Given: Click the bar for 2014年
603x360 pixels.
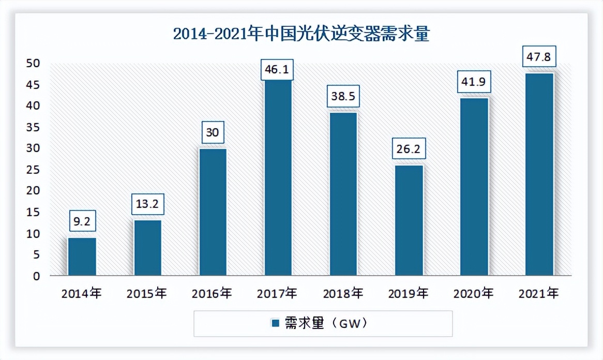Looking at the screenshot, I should (x=82, y=256).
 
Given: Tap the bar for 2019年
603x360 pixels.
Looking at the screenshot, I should (x=409, y=220).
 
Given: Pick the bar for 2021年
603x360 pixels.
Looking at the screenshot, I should (x=539, y=174).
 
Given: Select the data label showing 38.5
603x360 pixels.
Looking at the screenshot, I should (x=343, y=96).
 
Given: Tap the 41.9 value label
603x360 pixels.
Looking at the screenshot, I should (x=474, y=82).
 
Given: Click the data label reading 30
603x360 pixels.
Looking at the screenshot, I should (x=213, y=132).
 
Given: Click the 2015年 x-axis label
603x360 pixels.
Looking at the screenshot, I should (x=147, y=294).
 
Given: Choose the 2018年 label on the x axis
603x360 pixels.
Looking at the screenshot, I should (x=343, y=294).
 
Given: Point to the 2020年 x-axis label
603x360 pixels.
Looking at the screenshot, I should (x=474, y=294).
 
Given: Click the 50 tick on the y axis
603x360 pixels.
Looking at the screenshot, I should (x=33, y=63).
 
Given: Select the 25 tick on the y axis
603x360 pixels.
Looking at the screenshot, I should (x=33, y=170).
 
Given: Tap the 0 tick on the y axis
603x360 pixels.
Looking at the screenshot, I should (x=37, y=276).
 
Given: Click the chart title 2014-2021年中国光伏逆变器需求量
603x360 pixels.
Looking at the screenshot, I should (x=301, y=34).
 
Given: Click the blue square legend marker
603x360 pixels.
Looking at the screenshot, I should (x=276, y=323).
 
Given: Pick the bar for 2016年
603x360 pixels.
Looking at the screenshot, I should (x=213, y=212).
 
